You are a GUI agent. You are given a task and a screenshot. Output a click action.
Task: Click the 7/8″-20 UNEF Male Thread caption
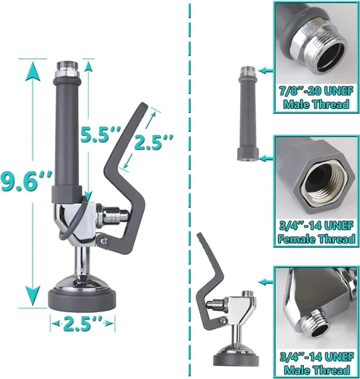tap(317, 98)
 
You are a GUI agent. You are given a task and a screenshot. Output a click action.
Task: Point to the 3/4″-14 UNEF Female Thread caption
tap(317, 232)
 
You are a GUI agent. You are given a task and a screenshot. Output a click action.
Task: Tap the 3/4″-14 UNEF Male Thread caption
tap(317, 363)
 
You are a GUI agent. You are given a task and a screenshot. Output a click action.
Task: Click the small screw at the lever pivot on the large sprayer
tap(103, 241)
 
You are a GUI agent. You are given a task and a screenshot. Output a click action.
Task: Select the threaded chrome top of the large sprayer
tap(67, 69)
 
